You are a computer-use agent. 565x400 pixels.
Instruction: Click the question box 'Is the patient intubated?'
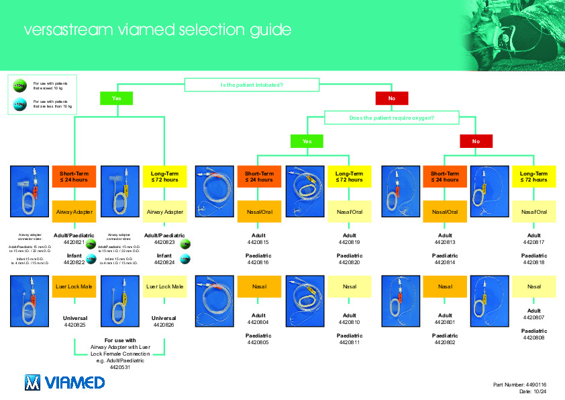252,85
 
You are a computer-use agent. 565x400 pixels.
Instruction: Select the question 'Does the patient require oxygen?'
392,118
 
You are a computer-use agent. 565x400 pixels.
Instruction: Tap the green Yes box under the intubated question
117,98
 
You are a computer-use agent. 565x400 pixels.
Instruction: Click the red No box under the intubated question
392,98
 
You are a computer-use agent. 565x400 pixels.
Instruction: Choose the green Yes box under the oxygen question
307,141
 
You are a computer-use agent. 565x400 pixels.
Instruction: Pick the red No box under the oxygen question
476,141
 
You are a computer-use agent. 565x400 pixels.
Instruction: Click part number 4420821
73,242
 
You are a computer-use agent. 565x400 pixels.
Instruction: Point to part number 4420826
164,325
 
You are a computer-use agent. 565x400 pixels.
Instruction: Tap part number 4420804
258,322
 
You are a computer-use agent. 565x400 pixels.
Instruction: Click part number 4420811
350,342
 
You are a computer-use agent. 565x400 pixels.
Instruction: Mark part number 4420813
445,242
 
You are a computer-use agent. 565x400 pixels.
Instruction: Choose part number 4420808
533,337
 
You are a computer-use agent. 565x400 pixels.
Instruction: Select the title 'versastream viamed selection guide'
158,30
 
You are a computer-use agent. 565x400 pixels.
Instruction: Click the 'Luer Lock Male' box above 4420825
73,287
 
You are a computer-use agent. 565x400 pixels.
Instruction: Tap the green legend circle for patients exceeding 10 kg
19,86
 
